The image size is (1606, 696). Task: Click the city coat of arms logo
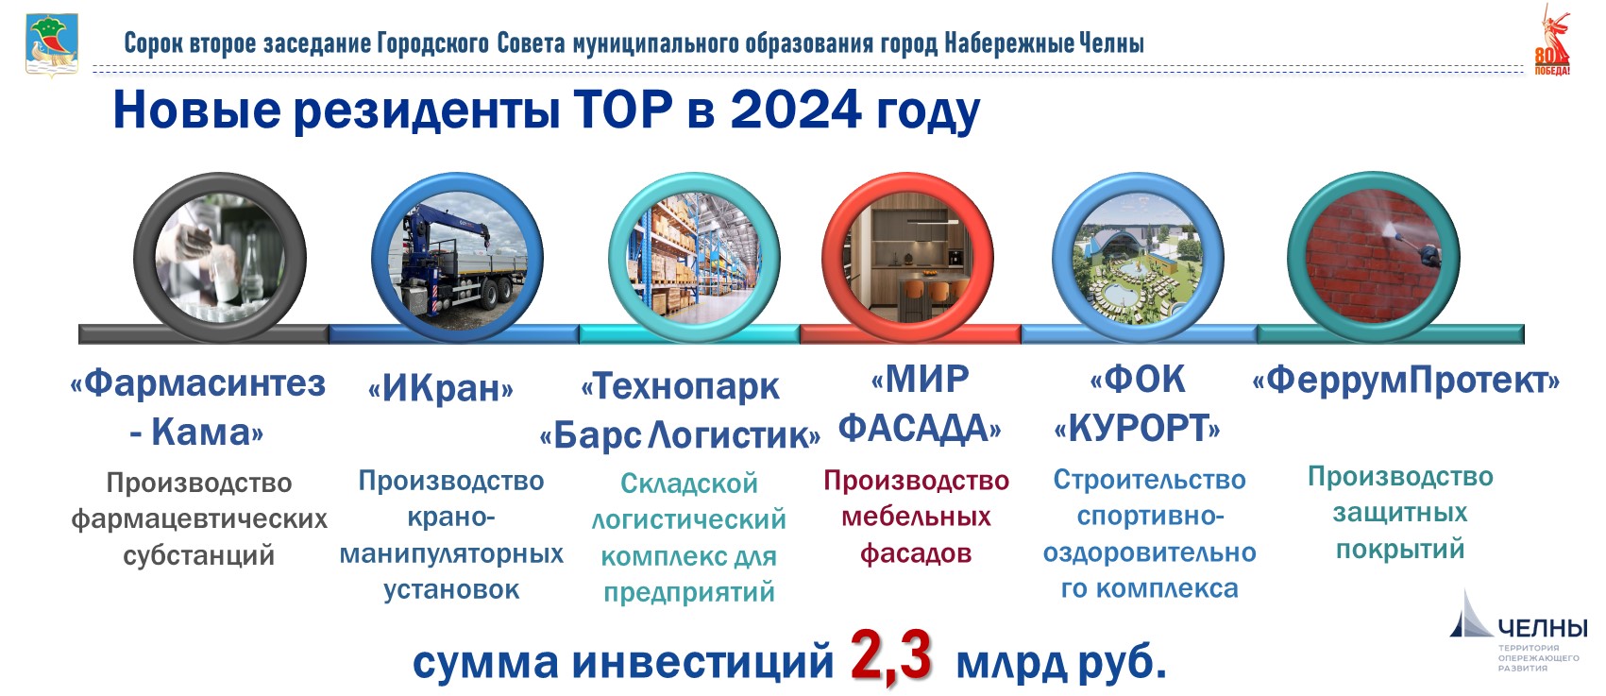coord(52,44)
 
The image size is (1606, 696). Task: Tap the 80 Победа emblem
coord(1552,41)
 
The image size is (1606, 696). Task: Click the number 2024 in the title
coord(795,110)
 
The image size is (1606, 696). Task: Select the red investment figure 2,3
coord(891,655)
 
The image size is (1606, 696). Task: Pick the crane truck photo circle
coord(457,258)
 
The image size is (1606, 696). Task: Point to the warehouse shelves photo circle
coord(693,258)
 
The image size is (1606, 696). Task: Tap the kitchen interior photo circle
coord(907,258)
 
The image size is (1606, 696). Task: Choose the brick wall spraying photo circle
coord(1373,257)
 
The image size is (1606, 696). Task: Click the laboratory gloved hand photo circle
coord(219,258)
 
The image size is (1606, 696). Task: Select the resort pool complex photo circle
coord(1138,258)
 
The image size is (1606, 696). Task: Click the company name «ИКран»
coord(440,388)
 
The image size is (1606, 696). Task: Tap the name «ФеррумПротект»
coord(1406,380)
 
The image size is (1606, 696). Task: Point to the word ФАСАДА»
coord(920,429)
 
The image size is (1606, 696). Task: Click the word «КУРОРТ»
coord(1137,429)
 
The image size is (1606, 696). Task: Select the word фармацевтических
coord(199,519)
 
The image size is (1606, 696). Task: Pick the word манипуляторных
coord(451,554)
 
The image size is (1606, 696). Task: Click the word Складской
coord(689,484)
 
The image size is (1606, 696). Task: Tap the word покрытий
coord(1399,550)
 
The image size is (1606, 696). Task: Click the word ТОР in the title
coord(623,110)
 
